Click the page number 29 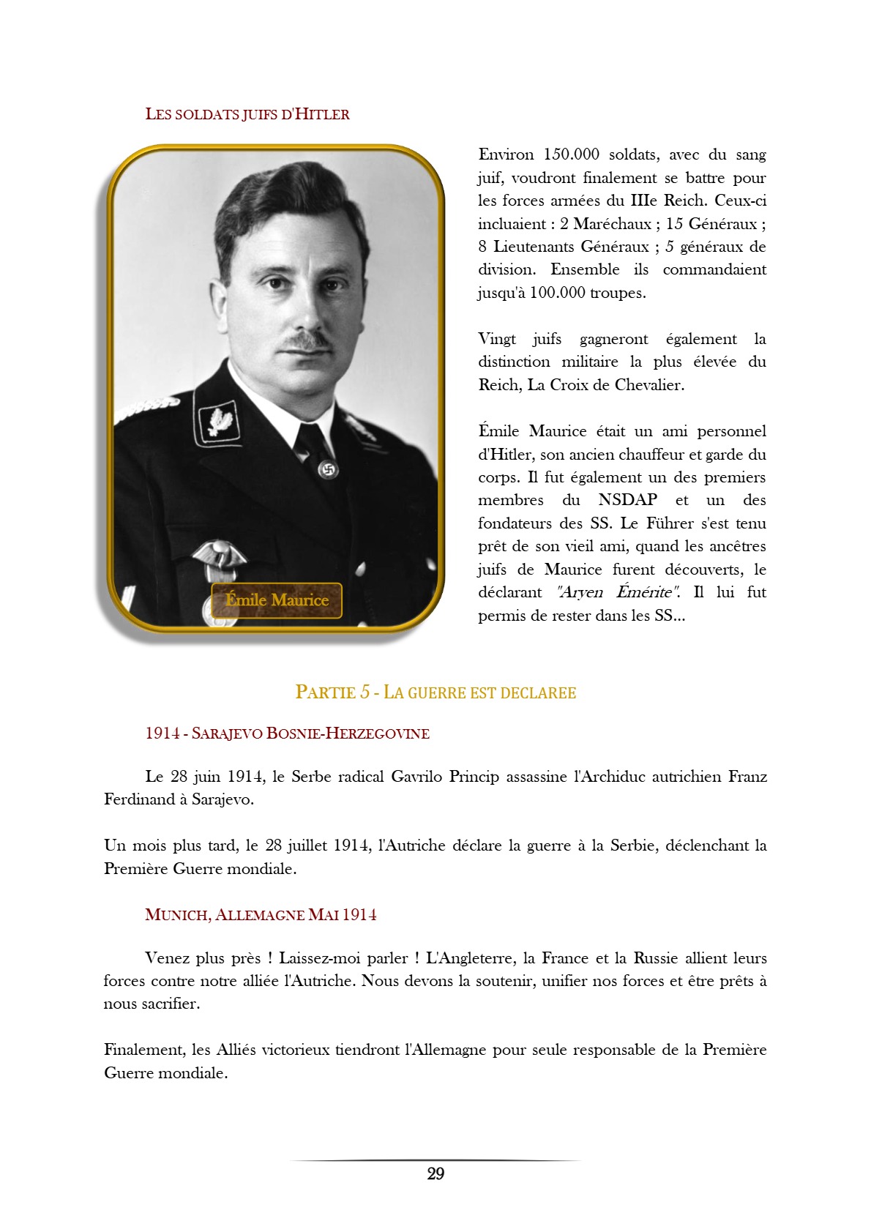(435, 1173)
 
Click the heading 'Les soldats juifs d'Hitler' (247, 114)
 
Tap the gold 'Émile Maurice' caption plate (277, 600)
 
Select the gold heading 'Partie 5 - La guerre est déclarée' (435, 692)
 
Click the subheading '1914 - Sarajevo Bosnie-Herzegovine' (287, 733)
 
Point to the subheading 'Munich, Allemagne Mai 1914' (261, 914)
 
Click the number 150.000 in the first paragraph (571, 154)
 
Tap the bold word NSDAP (627, 500)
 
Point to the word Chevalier (648, 385)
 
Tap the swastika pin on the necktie (328, 468)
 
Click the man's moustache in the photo (307, 341)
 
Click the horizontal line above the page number (435, 1160)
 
